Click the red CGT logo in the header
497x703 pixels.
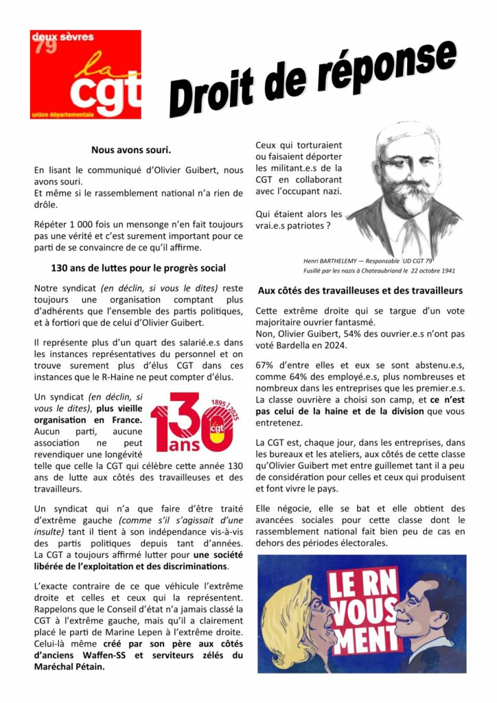(85, 74)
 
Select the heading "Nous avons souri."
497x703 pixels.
(131, 149)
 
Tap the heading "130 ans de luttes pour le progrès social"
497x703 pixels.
(139, 268)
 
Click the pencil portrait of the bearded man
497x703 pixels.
(405, 189)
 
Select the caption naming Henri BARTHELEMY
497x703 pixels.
(367, 261)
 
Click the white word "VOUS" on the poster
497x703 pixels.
(366, 610)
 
